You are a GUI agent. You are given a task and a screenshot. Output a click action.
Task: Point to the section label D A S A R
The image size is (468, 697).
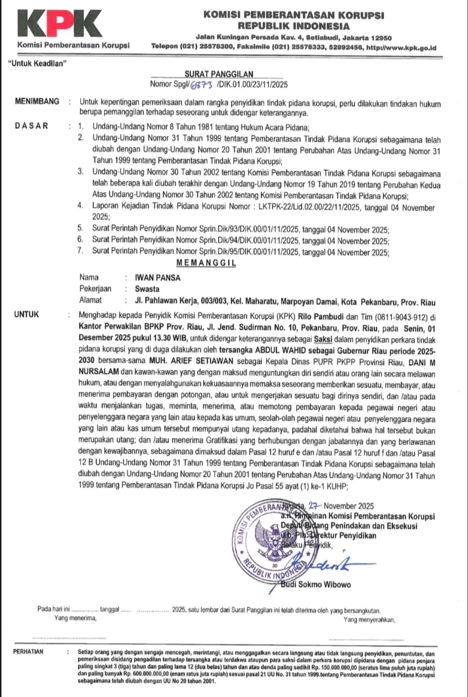(31, 126)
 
